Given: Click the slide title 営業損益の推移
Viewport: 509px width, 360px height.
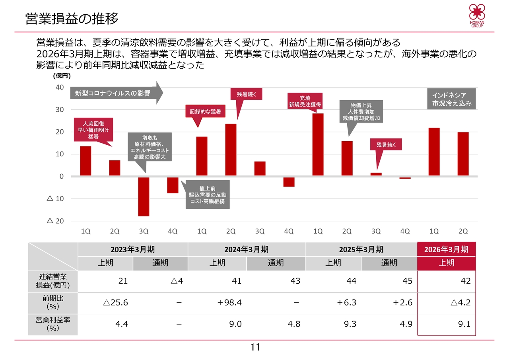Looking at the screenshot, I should (x=72, y=19).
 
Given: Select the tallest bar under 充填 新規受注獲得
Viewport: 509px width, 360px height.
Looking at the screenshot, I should (x=318, y=144).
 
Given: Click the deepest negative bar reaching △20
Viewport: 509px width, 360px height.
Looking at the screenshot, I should (x=144, y=197).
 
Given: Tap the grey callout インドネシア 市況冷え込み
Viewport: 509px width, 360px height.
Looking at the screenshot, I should (x=452, y=99).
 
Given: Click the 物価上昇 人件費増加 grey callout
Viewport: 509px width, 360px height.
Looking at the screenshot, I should (x=361, y=112).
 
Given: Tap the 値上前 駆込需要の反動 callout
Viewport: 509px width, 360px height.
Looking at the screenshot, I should (x=208, y=195).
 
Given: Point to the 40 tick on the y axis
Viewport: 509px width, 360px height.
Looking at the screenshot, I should (x=60, y=88).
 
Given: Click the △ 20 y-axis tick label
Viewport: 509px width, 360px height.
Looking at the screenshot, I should (x=56, y=221).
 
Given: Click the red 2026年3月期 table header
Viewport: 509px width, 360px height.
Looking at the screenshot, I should (x=446, y=249).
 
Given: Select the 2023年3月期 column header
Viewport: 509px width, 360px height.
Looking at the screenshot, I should (x=133, y=249).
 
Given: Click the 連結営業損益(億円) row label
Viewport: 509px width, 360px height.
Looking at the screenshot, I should (x=53, y=281).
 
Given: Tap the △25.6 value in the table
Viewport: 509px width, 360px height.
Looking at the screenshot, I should (x=115, y=303).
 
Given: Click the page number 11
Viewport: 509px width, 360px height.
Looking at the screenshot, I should (x=255, y=347).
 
